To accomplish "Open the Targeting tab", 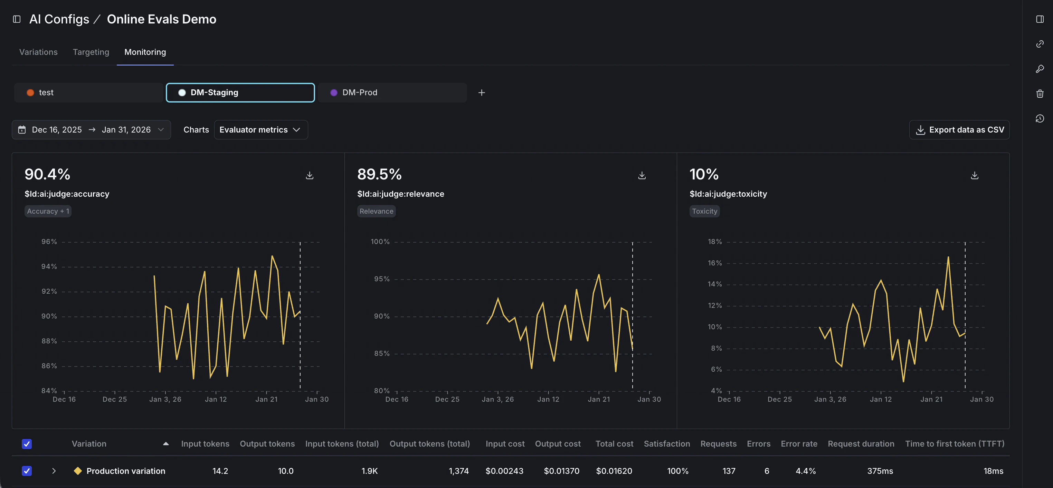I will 91,52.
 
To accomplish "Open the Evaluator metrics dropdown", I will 260,129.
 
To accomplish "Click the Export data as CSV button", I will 959,129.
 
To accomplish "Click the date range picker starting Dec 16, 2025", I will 91,129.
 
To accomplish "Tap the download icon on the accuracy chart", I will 310,175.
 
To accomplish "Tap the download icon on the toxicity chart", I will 975,175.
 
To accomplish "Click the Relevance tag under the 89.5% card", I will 376,211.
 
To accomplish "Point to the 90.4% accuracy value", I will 47,174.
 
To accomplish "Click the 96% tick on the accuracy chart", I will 49,242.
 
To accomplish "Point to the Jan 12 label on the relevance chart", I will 548,399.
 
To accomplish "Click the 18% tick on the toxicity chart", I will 714,242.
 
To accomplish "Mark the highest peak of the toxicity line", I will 948,257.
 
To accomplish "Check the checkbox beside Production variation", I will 27,471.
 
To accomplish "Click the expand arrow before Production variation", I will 54,471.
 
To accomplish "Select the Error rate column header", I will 799,443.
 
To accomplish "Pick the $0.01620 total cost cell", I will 614,471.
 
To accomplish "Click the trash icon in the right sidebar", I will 1040,94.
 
